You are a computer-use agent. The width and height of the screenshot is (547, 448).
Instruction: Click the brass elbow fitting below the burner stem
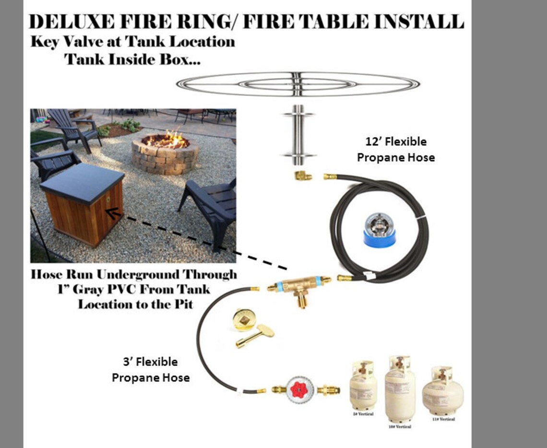[303, 176]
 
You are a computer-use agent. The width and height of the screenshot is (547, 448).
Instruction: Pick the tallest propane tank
[400, 389]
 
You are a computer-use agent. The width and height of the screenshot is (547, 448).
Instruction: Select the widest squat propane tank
[442, 391]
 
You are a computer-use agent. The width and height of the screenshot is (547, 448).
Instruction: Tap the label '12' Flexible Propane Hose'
[396, 150]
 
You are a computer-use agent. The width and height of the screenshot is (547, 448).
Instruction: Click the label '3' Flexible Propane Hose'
[150, 370]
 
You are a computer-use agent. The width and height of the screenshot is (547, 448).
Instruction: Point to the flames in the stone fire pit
[166, 140]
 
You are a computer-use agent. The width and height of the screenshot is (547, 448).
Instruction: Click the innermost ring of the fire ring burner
[298, 84]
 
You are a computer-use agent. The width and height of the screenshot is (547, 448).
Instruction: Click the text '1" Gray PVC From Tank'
[137, 289]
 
